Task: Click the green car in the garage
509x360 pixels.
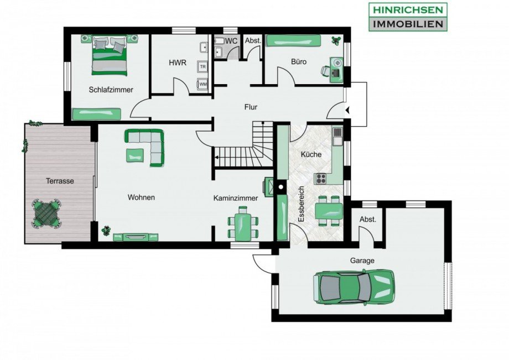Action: point(354,287)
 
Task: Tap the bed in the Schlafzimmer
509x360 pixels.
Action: point(109,55)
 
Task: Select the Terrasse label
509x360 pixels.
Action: point(60,181)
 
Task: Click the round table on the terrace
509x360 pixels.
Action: point(46,213)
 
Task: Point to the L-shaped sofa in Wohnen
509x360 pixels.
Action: point(147,146)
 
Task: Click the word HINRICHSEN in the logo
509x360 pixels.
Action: point(408,10)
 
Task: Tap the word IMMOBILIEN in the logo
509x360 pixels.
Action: point(408,24)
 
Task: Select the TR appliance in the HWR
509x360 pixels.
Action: point(203,66)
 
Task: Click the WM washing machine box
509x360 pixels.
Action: point(203,84)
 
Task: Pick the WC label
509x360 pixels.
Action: point(231,41)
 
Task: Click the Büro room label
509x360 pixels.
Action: point(299,62)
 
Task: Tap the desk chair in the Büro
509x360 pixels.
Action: point(326,70)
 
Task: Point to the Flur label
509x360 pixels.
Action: point(251,107)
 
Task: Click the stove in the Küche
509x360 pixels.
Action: point(321,178)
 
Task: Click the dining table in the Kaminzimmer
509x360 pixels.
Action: point(242,224)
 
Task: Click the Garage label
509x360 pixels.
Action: point(362,260)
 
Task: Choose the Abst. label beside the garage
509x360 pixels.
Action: point(367,220)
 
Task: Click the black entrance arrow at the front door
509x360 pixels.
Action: point(347,111)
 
